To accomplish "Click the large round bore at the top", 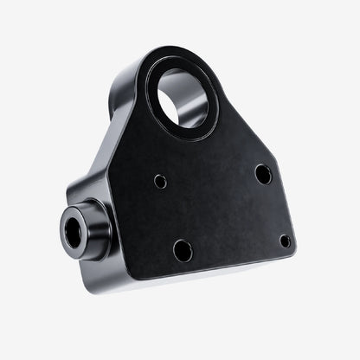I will coord(183,98).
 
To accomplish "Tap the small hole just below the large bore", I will coord(160,182).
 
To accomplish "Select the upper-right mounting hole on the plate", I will coord(263,174).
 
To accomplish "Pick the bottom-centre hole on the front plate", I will coord(183,251).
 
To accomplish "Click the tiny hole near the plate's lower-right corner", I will coord(285,241).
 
